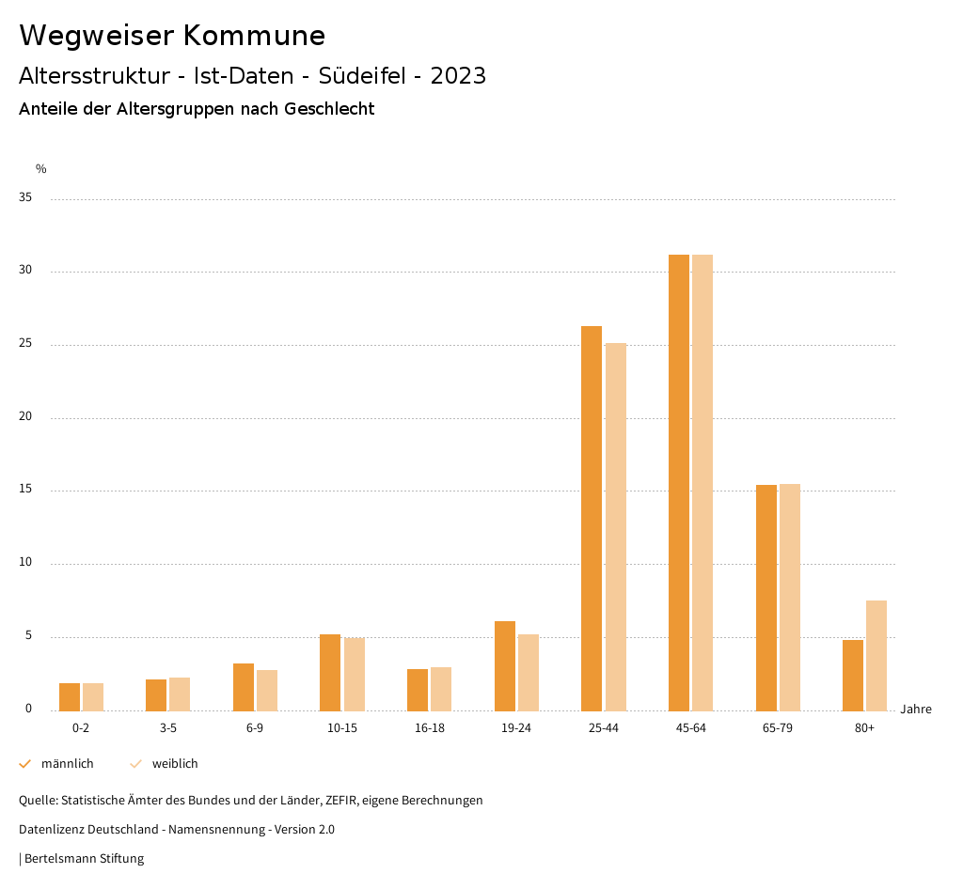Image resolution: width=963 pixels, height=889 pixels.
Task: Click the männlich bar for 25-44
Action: pyautogui.click(x=592, y=518)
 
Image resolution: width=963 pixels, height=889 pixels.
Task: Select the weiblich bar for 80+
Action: pyautogui.click(x=876, y=655)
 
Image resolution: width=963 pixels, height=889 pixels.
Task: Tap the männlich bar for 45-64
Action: pyautogui.click(x=679, y=482)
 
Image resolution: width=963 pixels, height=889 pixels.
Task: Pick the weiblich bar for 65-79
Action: pyautogui.click(x=790, y=597)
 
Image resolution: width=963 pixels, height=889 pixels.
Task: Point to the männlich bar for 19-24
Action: pyautogui.click(x=505, y=665)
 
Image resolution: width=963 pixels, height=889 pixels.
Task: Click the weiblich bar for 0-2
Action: pyautogui.click(x=93, y=696)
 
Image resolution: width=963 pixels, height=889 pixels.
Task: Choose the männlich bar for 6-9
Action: pyautogui.click(x=244, y=687)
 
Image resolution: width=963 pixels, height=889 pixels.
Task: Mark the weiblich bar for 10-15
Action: pyautogui.click(x=355, y=674)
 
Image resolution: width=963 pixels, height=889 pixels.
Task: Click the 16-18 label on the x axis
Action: pyautogui.click(x=430, y=728)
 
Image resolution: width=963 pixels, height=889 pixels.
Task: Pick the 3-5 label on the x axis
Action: pyautogui.click(x=168, y=728)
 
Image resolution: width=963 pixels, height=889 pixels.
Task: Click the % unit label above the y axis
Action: pyautogui.click(x=41, y=169)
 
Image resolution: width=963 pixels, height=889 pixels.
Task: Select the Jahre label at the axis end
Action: pyautogui.click(x=916, y=710)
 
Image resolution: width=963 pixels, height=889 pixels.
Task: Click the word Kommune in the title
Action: pyautogui.click(x=255, y=36)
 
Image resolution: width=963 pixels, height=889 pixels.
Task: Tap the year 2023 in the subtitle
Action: pyautogui.click(x=458, y=76)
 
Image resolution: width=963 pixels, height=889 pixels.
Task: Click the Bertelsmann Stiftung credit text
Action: pyautogui.click(x=84, y=859)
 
